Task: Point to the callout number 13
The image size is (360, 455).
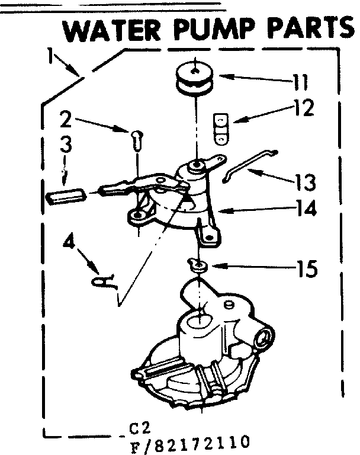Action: (x=304, y=180)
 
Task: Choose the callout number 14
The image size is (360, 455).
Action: (x=304, y=209)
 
